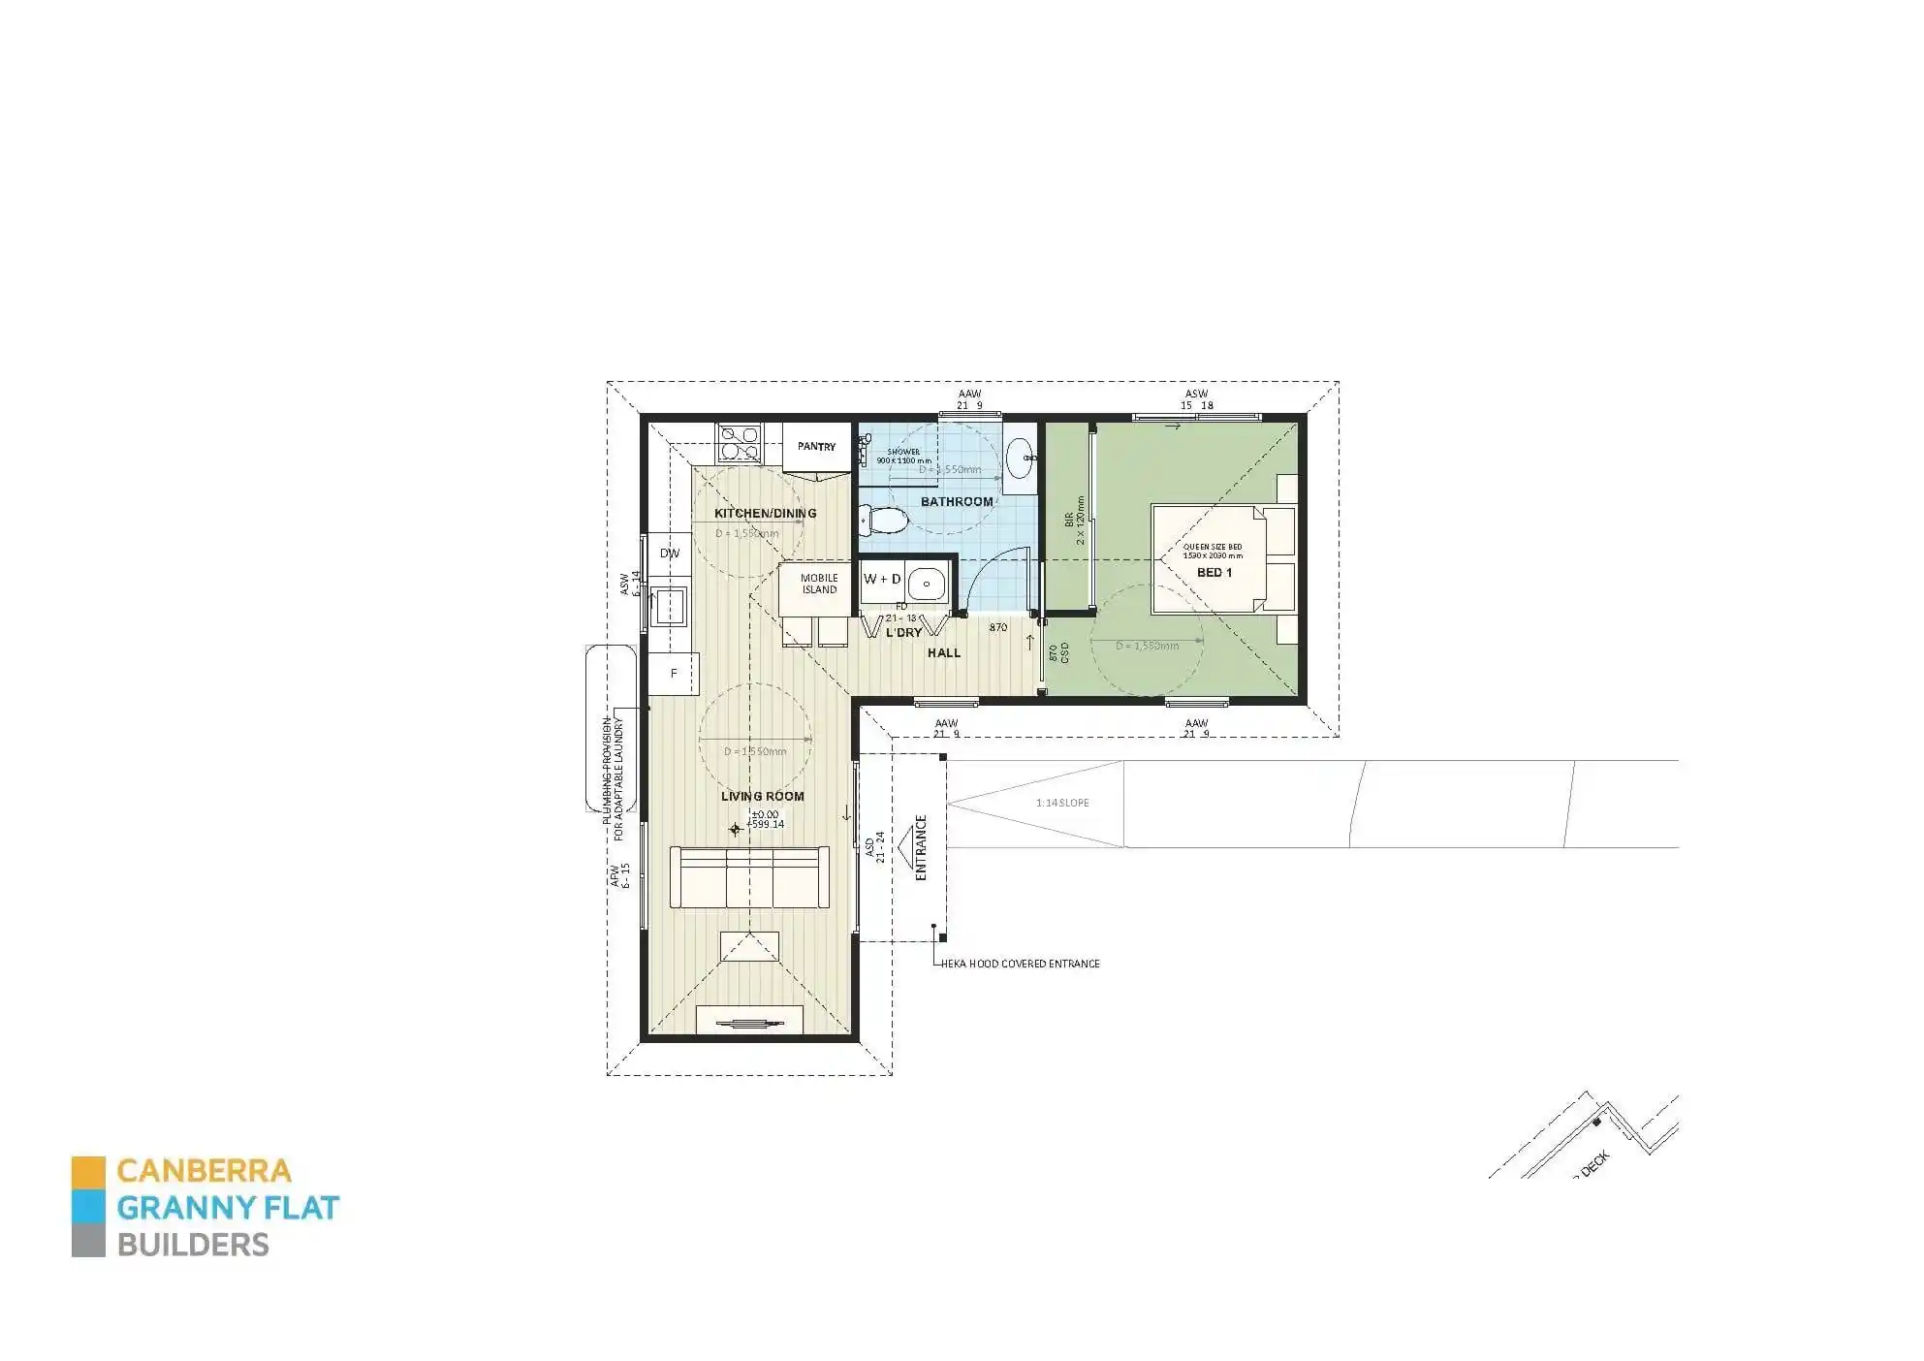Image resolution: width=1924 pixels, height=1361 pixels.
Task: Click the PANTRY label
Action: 816,447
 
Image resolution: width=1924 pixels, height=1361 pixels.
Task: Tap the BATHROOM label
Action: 957,501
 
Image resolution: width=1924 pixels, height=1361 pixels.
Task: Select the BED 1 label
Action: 1214,573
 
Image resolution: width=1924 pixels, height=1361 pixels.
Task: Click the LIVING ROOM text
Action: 763,797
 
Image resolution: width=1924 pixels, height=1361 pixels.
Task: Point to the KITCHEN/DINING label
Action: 765,513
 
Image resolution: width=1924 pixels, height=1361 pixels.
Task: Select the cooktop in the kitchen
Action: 739,442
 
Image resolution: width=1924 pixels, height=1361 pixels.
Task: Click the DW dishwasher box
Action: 670,554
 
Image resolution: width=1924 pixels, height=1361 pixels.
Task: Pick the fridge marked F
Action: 674,673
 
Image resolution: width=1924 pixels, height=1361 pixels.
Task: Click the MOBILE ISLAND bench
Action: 818,585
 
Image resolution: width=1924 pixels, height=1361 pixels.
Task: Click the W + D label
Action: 882,579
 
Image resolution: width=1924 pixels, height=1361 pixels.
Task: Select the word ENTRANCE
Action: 921,847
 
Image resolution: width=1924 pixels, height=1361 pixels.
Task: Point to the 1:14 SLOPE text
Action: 1062,803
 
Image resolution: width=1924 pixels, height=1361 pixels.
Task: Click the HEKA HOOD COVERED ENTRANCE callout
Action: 1020,964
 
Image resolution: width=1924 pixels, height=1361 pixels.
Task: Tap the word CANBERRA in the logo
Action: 204,1170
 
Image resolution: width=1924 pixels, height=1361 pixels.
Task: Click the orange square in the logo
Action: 88,1171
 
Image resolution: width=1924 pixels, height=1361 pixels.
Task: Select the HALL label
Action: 943,653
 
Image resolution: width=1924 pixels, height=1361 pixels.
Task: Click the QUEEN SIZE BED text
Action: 1212,547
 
